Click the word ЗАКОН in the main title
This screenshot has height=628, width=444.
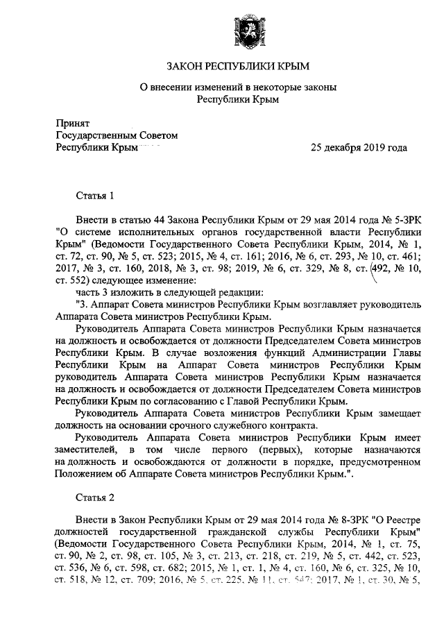[187, 67]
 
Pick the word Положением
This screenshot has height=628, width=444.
[86, 478]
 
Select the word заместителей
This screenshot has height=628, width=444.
[89, 452]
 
